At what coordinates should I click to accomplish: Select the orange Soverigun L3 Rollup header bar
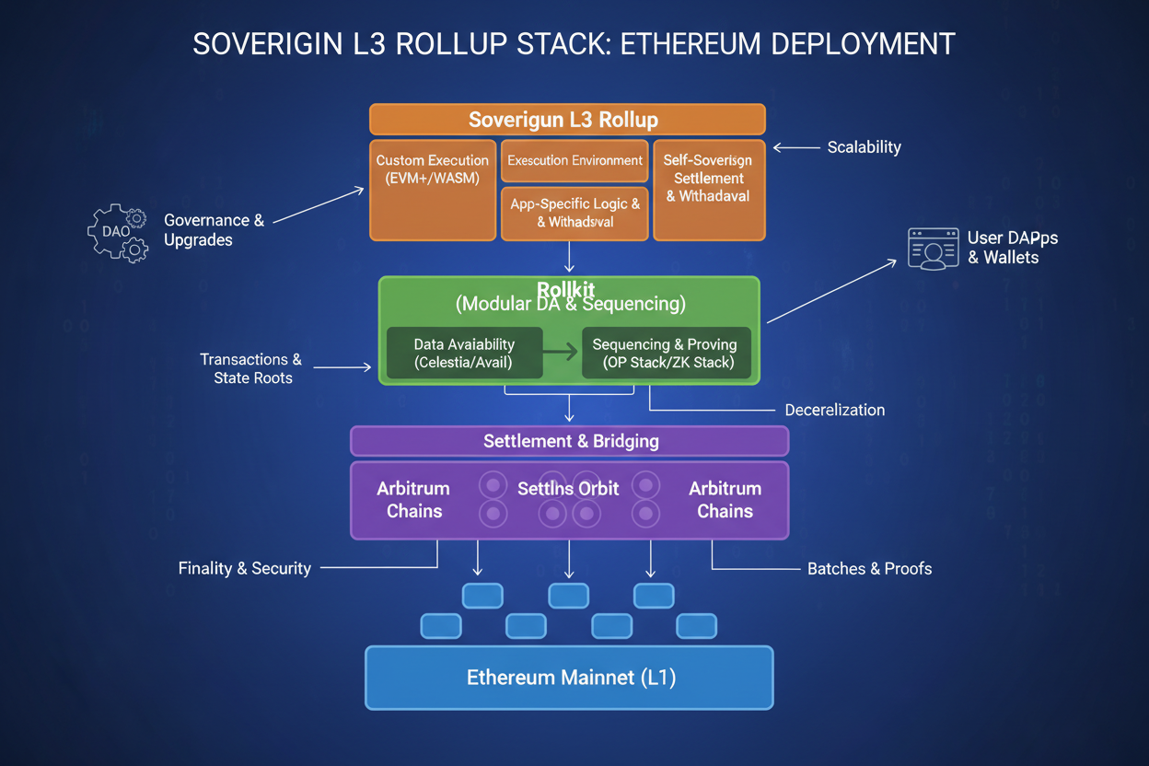tap(567, 120)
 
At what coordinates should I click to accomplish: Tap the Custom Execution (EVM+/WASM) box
tap(433, 190)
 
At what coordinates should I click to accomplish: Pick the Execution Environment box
tap(574, 160)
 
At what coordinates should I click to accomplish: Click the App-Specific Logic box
tap(574, 214)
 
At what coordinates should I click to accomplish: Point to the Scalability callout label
tap(863, 147)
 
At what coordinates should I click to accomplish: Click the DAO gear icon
tap(118, 232)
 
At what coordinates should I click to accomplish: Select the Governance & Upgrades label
tap(214, 230)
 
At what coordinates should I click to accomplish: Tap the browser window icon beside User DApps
tap(933, 249)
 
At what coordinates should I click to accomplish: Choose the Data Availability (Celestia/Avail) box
tap(464, 354)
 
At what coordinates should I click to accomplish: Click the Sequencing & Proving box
tap(666, 354)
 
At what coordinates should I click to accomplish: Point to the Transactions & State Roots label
tap(251, 368)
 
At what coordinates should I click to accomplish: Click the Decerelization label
tap(834, 410)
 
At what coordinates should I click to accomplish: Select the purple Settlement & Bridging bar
tap(570, 441)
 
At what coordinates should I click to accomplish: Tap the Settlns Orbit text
tap(568, 488)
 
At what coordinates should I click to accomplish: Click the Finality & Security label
tap(244, 568)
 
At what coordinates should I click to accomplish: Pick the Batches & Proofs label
tap(869, 569)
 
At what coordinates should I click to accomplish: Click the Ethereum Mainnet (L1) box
tap(569, 678)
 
